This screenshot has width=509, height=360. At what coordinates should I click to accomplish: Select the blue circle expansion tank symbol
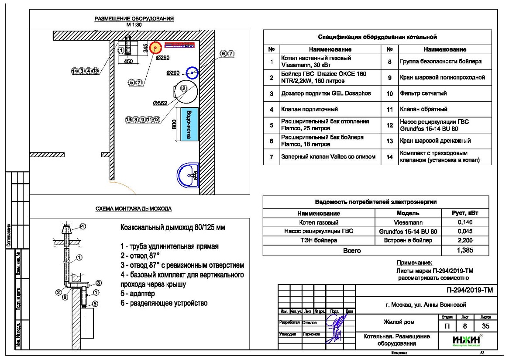(x=192, y=73)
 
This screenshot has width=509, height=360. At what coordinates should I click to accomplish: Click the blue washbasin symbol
(x=188, y=176)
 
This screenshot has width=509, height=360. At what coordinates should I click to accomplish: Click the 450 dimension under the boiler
(x=128, y=62)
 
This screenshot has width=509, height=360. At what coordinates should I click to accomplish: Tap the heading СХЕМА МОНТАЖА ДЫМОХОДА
(x=134, y=209)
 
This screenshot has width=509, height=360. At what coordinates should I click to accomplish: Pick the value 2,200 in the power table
(x=464, y=241)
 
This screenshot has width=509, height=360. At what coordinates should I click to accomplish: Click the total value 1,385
(x=464, y=250)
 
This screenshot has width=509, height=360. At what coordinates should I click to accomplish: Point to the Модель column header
(x=409, y=214)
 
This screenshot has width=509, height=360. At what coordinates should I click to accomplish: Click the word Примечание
(x=414, y=263)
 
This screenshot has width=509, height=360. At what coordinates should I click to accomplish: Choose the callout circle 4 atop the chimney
(x=83, y=226)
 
